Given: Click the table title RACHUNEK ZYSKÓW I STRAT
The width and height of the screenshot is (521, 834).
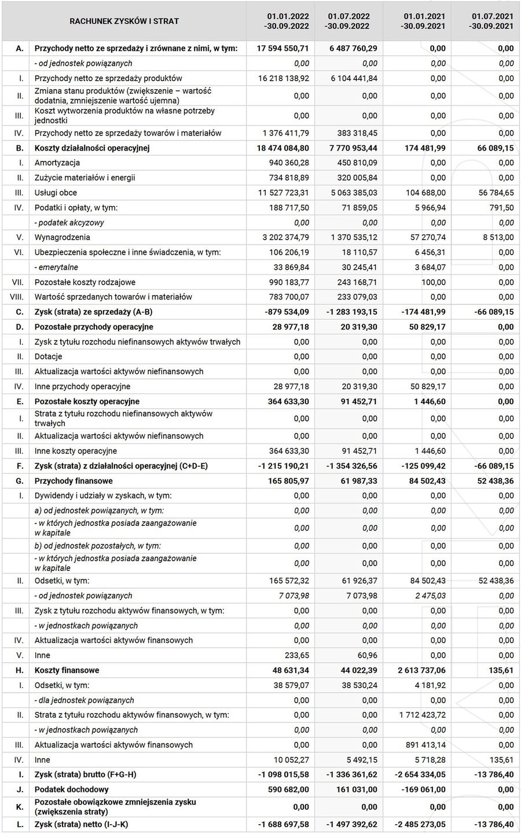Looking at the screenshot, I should pos(124,21).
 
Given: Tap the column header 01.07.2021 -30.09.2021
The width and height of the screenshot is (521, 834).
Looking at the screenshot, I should pos(491,21).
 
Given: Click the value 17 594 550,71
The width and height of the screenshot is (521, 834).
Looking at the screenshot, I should pos(283,49).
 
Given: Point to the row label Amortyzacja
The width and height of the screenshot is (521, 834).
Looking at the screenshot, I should pos(57,163).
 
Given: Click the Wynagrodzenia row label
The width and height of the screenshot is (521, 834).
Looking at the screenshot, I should pos(62,237).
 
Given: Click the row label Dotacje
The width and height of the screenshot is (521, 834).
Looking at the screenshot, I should pos(48,357).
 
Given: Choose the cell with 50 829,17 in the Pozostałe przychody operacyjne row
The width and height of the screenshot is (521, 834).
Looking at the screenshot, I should pos(424,327).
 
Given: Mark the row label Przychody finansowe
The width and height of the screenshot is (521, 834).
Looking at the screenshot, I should pos(74,481).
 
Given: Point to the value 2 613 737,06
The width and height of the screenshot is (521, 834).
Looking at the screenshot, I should pos(419,671).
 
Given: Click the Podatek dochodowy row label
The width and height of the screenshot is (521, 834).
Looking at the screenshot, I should pos(71,790).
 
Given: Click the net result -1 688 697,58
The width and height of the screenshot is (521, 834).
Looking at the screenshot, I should pos(283,824).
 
